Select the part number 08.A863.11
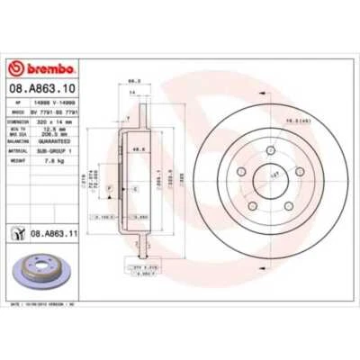pos(49,233)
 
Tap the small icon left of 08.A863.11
pos(17,233)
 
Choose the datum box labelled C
pos(134,190)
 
